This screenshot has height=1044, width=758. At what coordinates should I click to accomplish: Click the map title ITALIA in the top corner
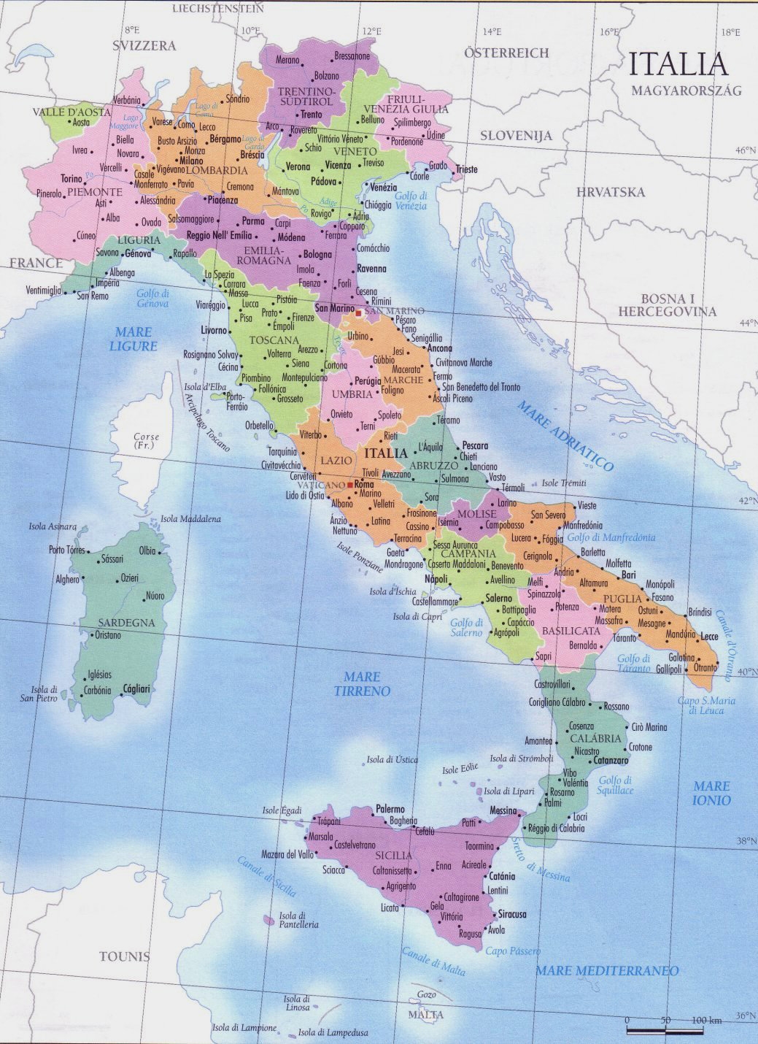tap(678, 64)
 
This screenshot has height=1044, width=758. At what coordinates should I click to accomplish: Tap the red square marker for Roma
tap(350, 485)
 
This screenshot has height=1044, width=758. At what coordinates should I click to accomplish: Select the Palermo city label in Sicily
tap(390, 809)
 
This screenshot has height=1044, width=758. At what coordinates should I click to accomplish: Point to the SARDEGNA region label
tap(126, 623)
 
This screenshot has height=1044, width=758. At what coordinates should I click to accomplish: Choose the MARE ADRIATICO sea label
tap(566, 435)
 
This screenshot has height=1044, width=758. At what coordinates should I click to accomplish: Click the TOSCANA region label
tap(274, 340)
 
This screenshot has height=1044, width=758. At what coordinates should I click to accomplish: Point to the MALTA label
tap(425, 1015)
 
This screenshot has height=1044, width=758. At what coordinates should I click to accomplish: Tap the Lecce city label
tap(710, 637)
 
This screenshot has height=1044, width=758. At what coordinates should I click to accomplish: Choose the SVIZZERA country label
tap(144, 45)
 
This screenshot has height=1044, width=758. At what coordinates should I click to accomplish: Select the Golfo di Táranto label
tap(634, 663)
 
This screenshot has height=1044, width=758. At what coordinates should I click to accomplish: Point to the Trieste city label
tap(467, 169)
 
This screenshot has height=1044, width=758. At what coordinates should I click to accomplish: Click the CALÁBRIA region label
tap(597, 738)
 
